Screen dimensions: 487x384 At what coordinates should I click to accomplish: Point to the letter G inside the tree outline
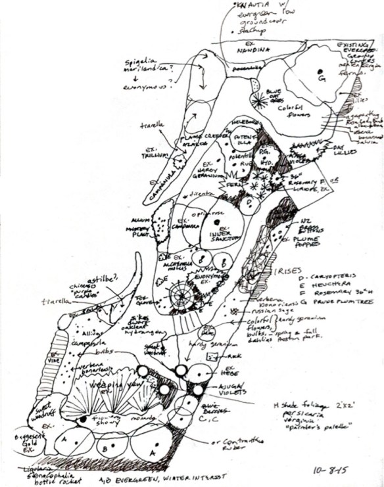[322, 78]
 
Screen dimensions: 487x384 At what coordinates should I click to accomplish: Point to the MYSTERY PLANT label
[138, 229]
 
